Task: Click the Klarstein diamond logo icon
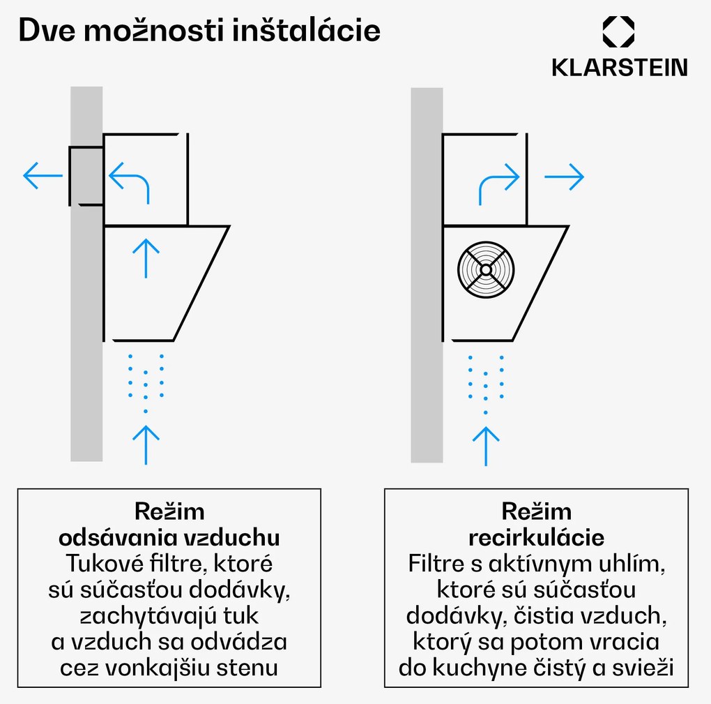pyautogui.click(x=618, y=33)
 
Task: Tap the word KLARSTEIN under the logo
pyautogui.click(x=619, y=67)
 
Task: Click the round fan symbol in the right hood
pyautogui.click(x=487, y=270)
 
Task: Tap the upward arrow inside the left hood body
pyautogui.click(x=145, y=257)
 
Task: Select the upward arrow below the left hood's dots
pyautogui.click(x=145, y=444)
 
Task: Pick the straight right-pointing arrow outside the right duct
pyautogui.click(x=563, y=177)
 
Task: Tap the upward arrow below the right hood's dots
pyautogui.click(x=486, y=445)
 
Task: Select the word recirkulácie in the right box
pyautogui.click(x=535, y=538)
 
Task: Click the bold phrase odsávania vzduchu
pyautogui.click(x=169, y=538)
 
